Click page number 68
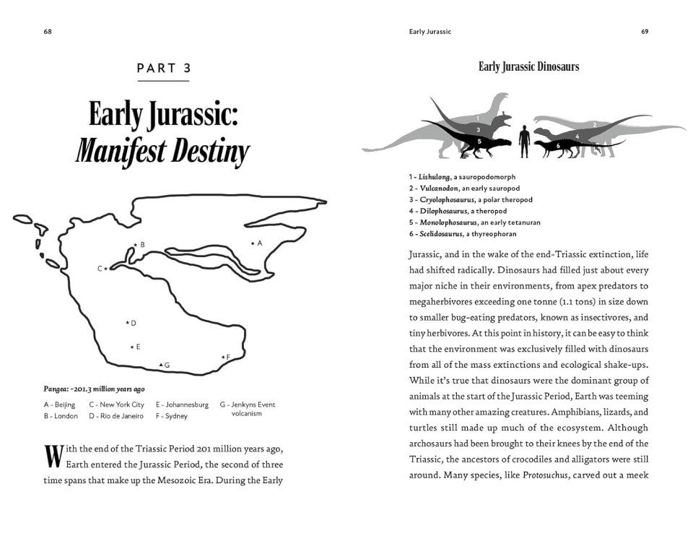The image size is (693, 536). pos(48,32)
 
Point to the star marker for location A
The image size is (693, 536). pos(252,244)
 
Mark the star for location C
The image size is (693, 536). pos(106,269)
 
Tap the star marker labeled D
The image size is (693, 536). pos(127,323)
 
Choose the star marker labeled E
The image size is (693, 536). pos(131,347)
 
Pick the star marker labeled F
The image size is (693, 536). pos(222,358)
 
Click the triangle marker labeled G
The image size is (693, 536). pos(160,365)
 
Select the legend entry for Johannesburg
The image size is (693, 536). pos(181,405)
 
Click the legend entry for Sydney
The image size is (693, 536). pos(171,416)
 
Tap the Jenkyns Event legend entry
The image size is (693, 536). pos(248,409)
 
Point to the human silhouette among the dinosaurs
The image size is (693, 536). pos(525,139)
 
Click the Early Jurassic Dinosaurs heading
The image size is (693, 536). pos(528,66)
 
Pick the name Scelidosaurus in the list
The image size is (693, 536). pos(441,234)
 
